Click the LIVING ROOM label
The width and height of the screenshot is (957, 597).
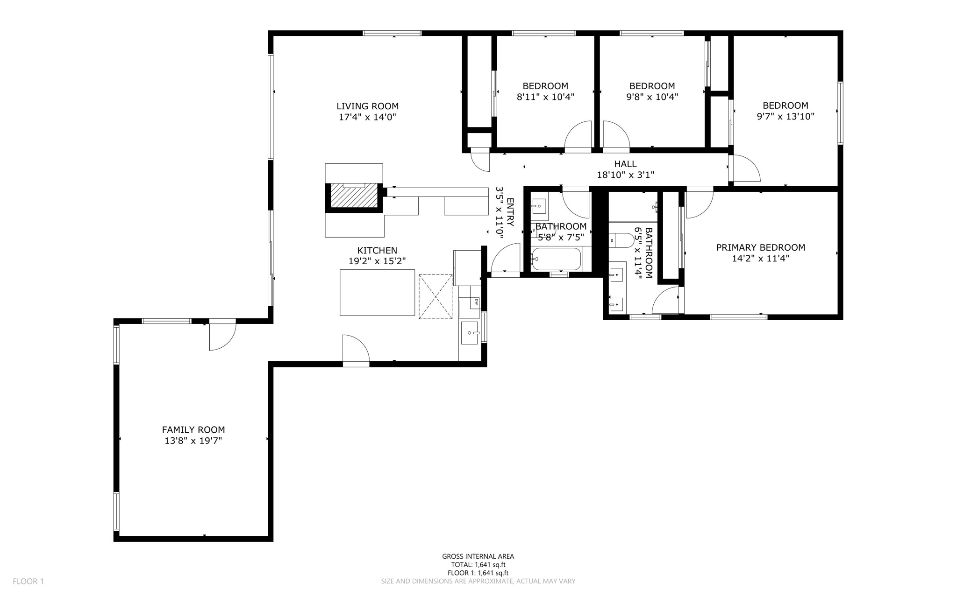pos(367,106)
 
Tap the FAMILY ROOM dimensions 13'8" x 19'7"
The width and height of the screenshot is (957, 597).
pos(193,441)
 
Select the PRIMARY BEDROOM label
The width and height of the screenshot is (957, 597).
pos(760,247)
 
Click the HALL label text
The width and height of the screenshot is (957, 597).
pos(625,164)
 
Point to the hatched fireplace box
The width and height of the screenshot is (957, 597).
pos(354,196)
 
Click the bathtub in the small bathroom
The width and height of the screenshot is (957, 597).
pos(556,259)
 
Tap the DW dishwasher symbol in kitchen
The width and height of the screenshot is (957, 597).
pos(476,302)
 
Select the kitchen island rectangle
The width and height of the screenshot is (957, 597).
pos(377,292)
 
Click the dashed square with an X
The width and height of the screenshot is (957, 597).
pos(436,297)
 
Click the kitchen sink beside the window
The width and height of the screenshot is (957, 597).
pos(469,332)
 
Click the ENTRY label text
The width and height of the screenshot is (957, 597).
pos(510,212)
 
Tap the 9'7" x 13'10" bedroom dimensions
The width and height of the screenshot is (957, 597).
pos(785,117)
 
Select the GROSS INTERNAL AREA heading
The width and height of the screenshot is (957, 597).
pos(478,556)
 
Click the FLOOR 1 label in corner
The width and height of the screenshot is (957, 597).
pos(28,581)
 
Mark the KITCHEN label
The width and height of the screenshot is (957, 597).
pos(377,251)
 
